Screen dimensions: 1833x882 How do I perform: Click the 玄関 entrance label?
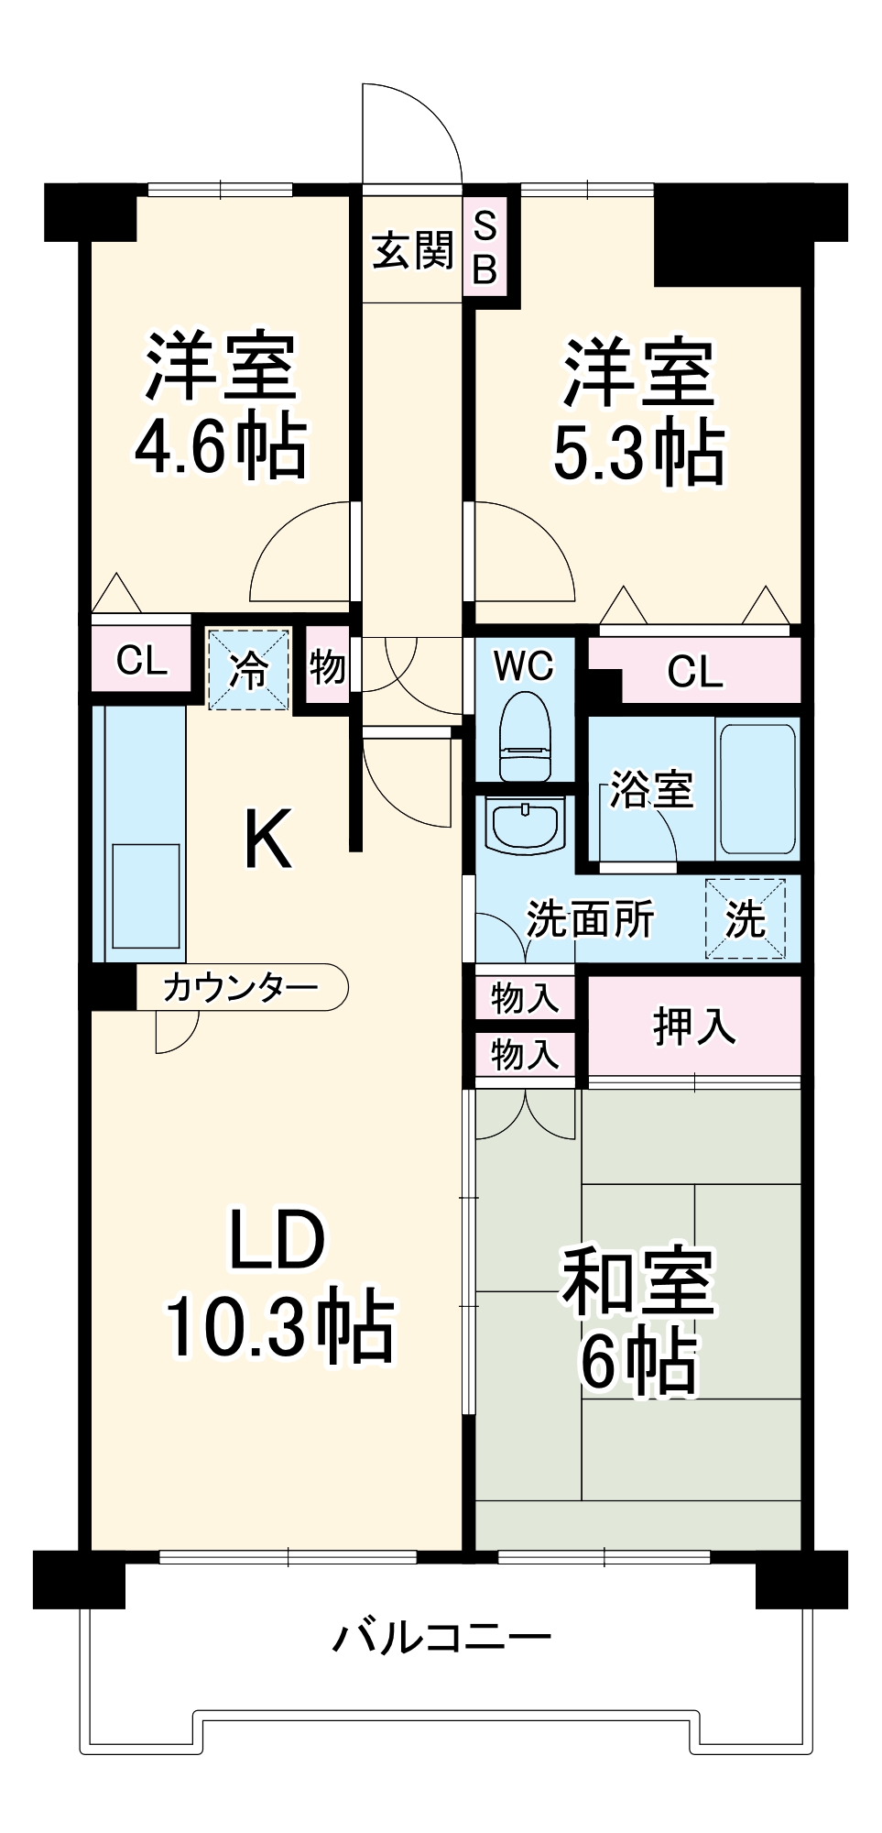coord(412,250)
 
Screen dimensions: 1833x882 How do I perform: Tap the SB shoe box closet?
coord(485,247)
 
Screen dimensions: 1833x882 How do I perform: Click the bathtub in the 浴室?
coord(757,789)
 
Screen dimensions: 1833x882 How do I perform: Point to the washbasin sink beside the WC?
coord(525,825)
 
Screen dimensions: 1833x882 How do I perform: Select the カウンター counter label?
coord(240,987)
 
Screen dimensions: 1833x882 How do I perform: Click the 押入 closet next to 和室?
coord(693,1026)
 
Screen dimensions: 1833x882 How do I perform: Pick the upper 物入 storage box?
coord(524,997)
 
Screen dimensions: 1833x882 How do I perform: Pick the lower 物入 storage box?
coord(524,1055)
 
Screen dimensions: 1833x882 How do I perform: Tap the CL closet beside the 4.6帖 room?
coord(141,660)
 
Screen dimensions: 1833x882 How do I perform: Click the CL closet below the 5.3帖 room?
coord(694,672)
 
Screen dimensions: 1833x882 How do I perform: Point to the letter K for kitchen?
coord(267,839)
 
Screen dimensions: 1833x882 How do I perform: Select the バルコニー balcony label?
coord(441,1637)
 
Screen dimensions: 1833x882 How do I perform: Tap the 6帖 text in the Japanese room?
coord(638,1362)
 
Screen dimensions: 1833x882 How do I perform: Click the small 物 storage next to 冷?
coord(327,666)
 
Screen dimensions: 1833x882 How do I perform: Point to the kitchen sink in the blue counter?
coord(146,896)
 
